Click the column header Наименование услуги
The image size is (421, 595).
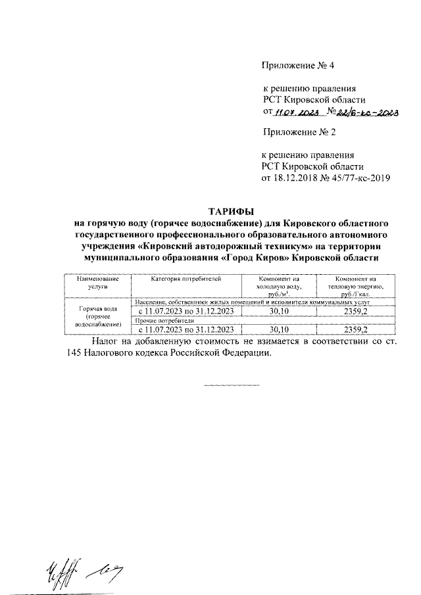(96, 283)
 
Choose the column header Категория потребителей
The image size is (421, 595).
(186, 279)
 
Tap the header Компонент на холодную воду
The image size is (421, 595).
(279, 287)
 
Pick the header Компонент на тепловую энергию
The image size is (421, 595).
(355, 287)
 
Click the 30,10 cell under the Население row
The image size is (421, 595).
(279, 311)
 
